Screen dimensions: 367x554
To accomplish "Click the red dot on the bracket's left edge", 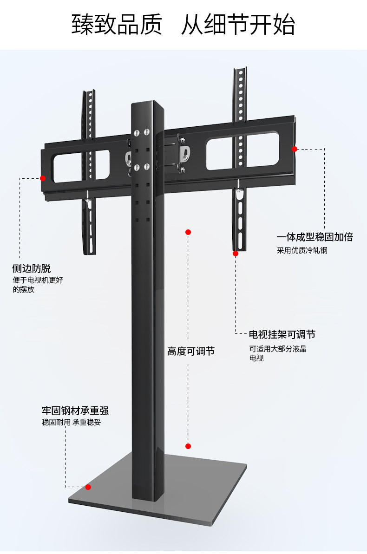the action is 43,178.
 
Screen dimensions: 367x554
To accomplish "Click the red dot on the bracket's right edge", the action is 295,149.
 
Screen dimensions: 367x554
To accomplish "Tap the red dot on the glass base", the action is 88,487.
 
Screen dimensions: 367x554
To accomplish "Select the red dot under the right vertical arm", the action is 236,254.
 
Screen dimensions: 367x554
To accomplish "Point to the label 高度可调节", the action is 191,351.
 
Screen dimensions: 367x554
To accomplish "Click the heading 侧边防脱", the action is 32,268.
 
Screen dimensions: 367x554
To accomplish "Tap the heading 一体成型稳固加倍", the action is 315,237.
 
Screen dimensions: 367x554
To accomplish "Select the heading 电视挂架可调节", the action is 282,334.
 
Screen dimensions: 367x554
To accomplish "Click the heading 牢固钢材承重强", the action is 75,411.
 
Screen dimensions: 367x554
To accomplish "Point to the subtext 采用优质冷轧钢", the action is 302,250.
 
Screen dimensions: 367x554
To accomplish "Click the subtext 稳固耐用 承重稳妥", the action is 72,422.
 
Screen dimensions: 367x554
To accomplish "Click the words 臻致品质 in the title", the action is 117,24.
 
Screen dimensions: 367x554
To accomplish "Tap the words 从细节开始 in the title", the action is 238,24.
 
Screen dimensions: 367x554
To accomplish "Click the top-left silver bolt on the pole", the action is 137,133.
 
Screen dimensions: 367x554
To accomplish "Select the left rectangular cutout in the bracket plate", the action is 81,166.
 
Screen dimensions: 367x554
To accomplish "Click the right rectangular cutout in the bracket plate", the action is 242,150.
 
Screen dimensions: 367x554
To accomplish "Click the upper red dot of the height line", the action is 188,232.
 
